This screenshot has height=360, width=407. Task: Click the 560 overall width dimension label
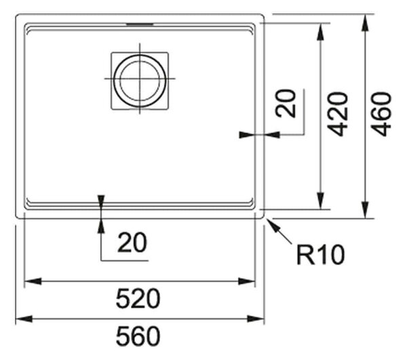pyautogui.click(x=138, y=336)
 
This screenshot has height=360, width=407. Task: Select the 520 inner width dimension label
pyautogui.click(x=138, y=299)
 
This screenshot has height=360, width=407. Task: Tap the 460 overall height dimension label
pyautogui.click(x=381, y=114)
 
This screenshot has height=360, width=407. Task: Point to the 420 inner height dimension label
pyautogui.click(x=337, y=114)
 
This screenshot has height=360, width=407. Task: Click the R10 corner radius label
pyautogui.click(x=321, y=255)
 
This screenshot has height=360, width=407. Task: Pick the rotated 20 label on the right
pyautogui.click(x=286, y=104)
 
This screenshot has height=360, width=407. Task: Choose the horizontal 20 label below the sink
pyautogui.click(x=132, y=243)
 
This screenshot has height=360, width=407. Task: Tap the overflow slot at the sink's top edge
pyautogui.click(x=140, y=24)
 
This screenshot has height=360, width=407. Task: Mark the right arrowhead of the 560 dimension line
pyautogui.click(x=256, y=319)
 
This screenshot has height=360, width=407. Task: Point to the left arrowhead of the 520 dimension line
pyautogui.click(x=33, y=281)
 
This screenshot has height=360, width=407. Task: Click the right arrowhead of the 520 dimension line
pyautogui.click(x=247, y=281)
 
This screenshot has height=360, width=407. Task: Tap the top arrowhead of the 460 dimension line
pyautogui.click(x=365, y=22)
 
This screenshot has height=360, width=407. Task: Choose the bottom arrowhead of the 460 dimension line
pyautogui.click(x=365, y=209)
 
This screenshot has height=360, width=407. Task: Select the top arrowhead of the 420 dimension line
pyautogui.click(x=321, y=32)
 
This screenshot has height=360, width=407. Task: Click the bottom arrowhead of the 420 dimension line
pyautogui.click(x=321, y=201)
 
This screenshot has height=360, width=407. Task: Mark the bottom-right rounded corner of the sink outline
pyautogui.click(x=263, y=217)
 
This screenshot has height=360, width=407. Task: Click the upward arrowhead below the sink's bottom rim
pyautogui.click(x=101, y=226)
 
